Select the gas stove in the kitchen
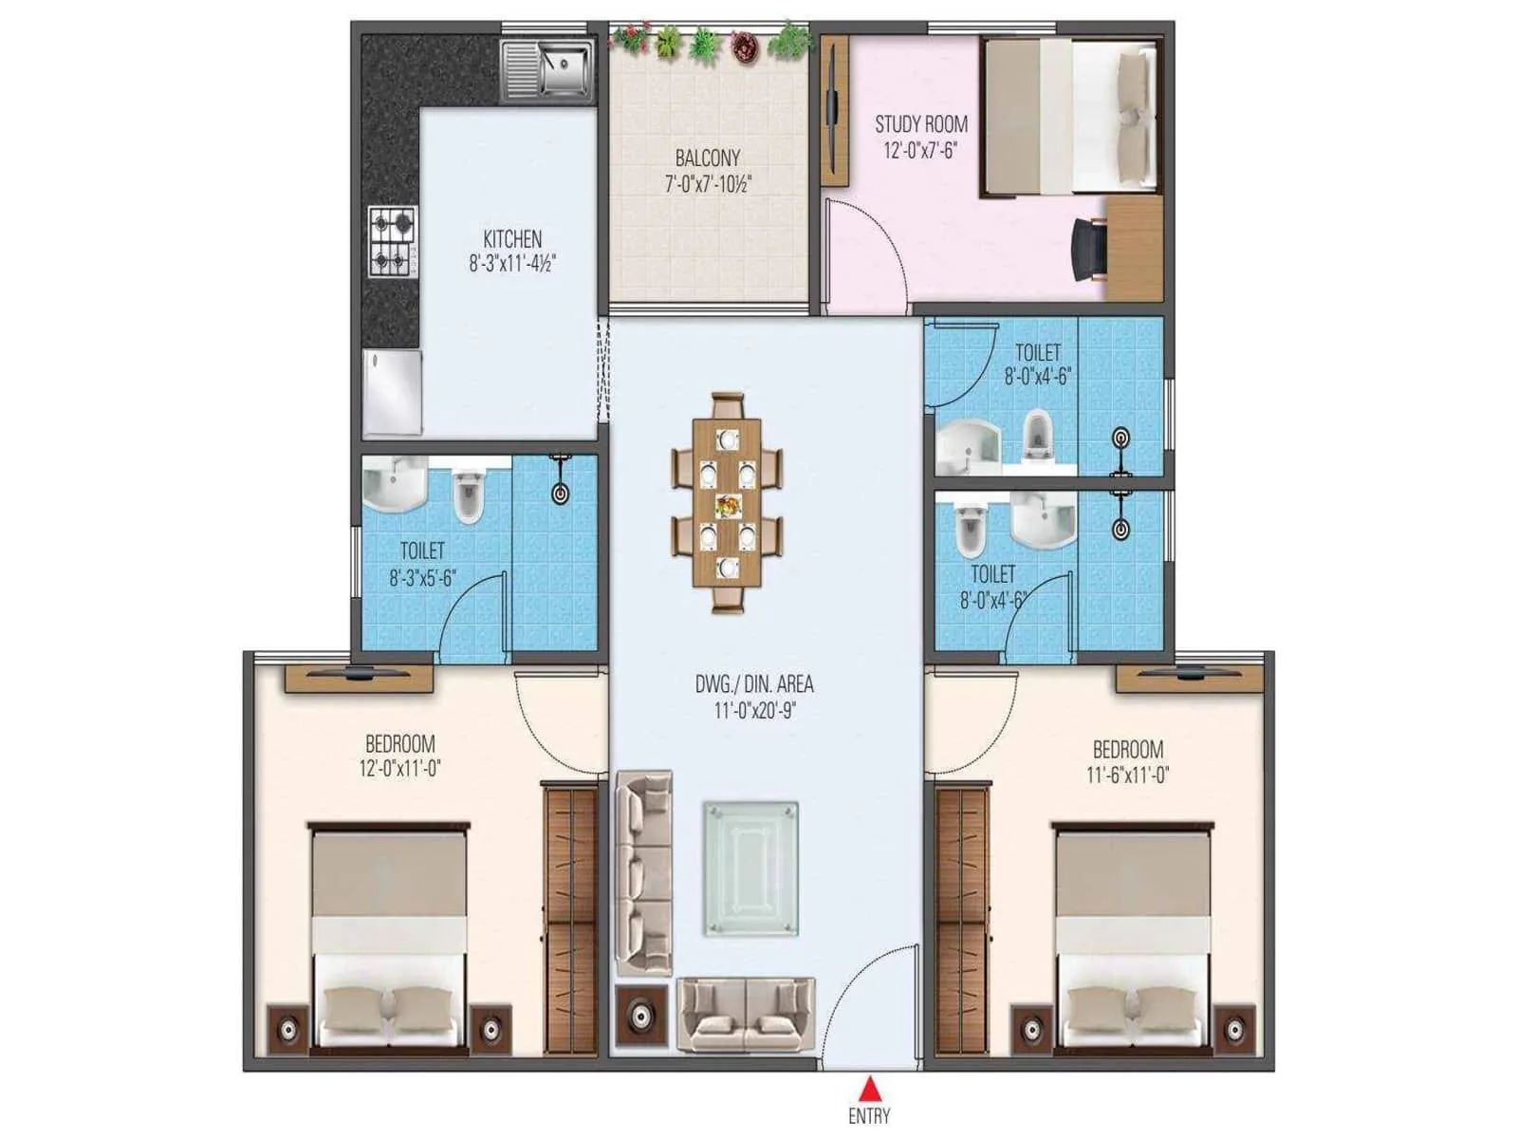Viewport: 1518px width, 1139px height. [393, 241]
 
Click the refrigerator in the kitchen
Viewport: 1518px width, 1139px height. [393, 392]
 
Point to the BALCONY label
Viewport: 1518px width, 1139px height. [707, 158]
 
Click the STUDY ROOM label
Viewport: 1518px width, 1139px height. [920, 124]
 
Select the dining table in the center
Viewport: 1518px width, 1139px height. [728, 503]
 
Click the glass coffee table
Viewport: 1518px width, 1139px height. [750, 868]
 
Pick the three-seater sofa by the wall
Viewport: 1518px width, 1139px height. [644, 871]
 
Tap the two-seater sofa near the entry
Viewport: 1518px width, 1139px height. [746, 1014]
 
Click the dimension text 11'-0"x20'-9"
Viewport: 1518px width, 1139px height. [754, 709]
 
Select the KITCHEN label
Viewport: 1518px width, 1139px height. [512, 238]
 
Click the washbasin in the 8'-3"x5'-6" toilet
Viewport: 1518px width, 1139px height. [394, 485]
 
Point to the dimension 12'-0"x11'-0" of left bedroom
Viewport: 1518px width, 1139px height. [399, 769]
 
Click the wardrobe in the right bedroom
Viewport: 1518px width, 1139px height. [963, 916]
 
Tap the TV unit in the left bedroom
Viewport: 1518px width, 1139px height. [359, 678]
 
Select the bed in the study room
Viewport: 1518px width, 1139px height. [1070, 115]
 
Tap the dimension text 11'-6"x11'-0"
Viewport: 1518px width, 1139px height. [1127, 775]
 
